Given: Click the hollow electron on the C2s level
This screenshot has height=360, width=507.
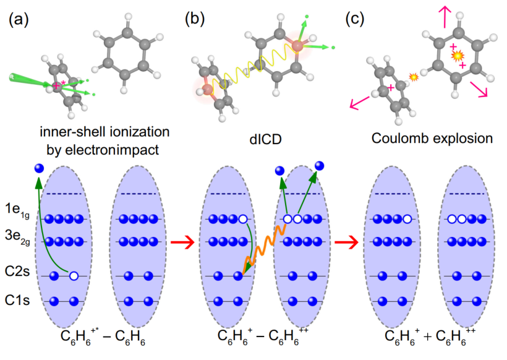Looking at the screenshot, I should (x=74, y=276).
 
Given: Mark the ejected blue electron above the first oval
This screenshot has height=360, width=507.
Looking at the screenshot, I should (x=40, y=168).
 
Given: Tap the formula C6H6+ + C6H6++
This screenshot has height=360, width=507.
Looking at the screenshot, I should (x=427, y=339).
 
